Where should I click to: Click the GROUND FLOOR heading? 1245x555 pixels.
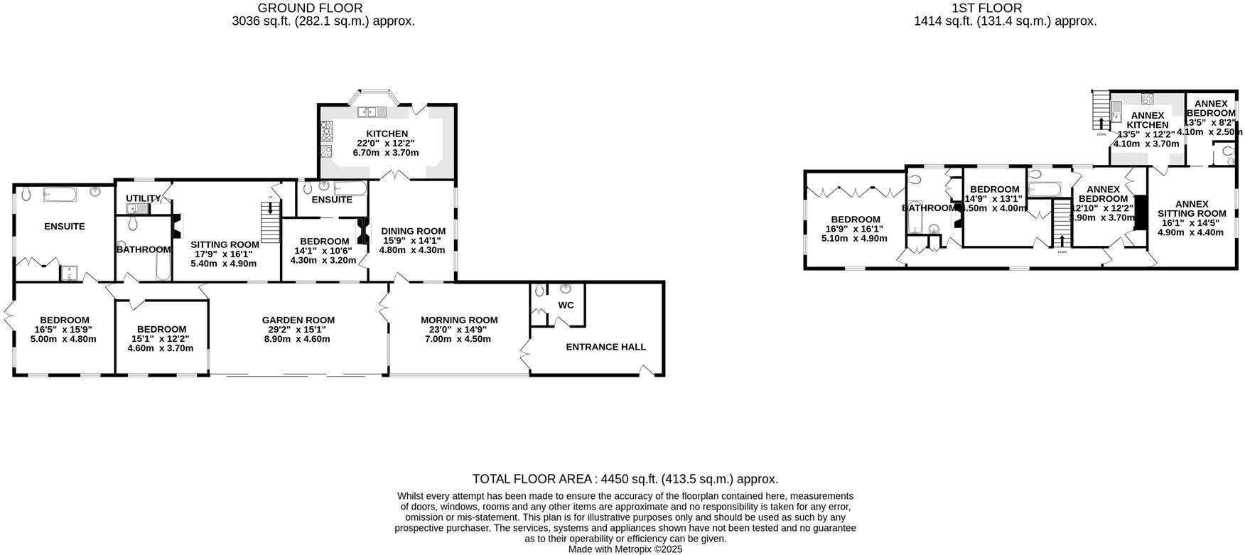click(x=310, y=8)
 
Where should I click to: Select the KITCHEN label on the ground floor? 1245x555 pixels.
click(x=387, y=134)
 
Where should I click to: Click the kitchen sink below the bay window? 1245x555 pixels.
click(x=372, y=112)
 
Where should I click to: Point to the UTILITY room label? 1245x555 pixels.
click(x=143, y=198)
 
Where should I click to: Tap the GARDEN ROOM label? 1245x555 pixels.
click(x=298, y=320)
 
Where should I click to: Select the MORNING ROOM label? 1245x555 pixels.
click(x=458, y=320)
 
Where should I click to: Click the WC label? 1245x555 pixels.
click(x=566, y=305)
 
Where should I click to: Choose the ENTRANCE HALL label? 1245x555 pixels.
click(x=605, y=347)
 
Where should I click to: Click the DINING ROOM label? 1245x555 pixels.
click(x=413, y=231)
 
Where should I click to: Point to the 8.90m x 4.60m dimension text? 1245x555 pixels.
click(x=298, y=339)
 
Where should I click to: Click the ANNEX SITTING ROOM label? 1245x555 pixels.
click(x=1191, y=208)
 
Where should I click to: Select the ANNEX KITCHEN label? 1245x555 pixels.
click(x=1147, y=120)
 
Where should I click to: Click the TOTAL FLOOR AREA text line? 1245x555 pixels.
click(x=625, y=479)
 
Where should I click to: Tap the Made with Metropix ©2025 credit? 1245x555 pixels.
click(x=625, y=549)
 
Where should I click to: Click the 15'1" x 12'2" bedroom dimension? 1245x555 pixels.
click(x=161, y=339)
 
